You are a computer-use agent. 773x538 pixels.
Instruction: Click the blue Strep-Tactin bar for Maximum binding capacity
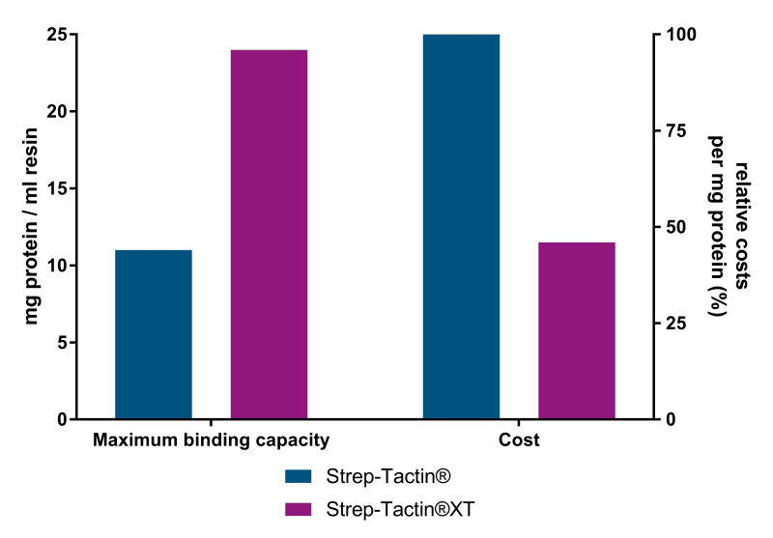[154, 334]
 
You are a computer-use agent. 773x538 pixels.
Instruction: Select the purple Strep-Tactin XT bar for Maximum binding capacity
[269, 234]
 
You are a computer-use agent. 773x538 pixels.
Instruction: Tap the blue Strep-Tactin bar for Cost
[461, 226]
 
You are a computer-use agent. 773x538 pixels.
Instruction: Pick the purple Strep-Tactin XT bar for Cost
[576, 330]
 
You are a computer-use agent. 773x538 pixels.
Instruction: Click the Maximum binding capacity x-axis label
[212, 440]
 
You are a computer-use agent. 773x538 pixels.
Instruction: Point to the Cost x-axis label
[519, 440]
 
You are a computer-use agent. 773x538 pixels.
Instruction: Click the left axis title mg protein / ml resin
[32, 227]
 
